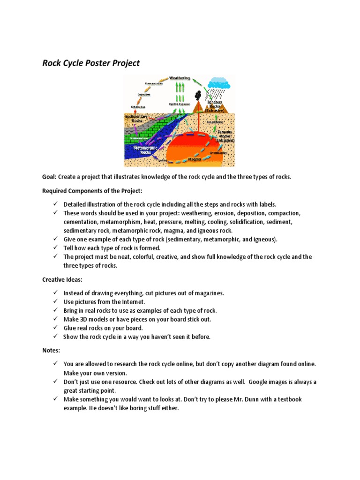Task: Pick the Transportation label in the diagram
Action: click(153, 83)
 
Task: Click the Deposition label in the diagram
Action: click(144, 95)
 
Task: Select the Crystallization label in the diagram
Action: click(219, 152)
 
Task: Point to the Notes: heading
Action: click(51, 350)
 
